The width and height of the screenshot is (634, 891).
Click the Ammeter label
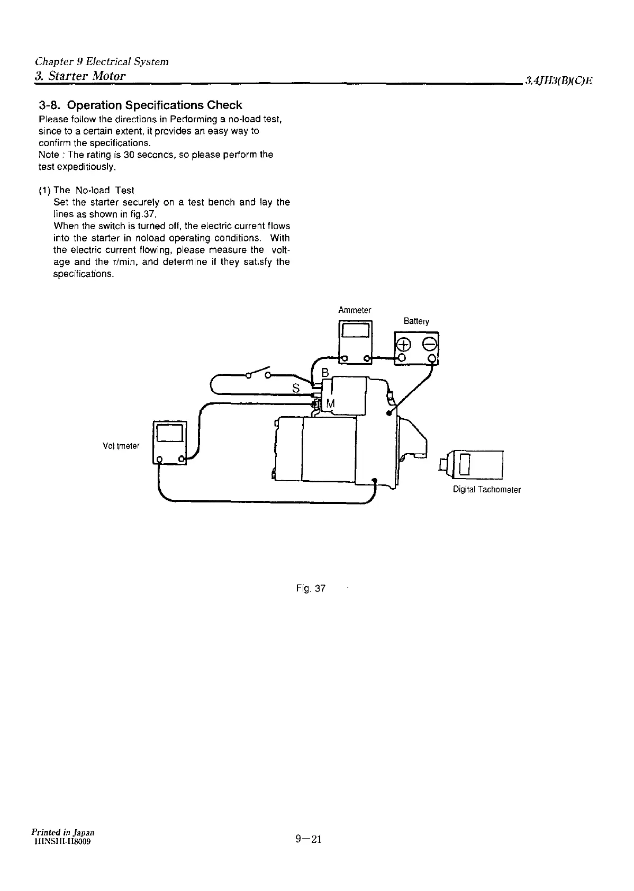click(355, 310)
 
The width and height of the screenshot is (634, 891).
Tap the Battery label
click(416, 321)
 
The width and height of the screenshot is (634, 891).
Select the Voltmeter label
click(121, 446)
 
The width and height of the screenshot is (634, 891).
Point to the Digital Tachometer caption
click(486, 490)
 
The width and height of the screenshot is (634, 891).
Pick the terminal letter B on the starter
click(325, 373)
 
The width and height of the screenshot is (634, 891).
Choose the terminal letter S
click(296, 389)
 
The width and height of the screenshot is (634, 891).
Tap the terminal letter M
click(331, 404)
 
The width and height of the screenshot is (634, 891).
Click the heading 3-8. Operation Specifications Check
click(140, 105)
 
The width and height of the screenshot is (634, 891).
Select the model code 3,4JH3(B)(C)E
click(558, 81)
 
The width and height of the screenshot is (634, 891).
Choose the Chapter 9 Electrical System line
click(101, 61)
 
